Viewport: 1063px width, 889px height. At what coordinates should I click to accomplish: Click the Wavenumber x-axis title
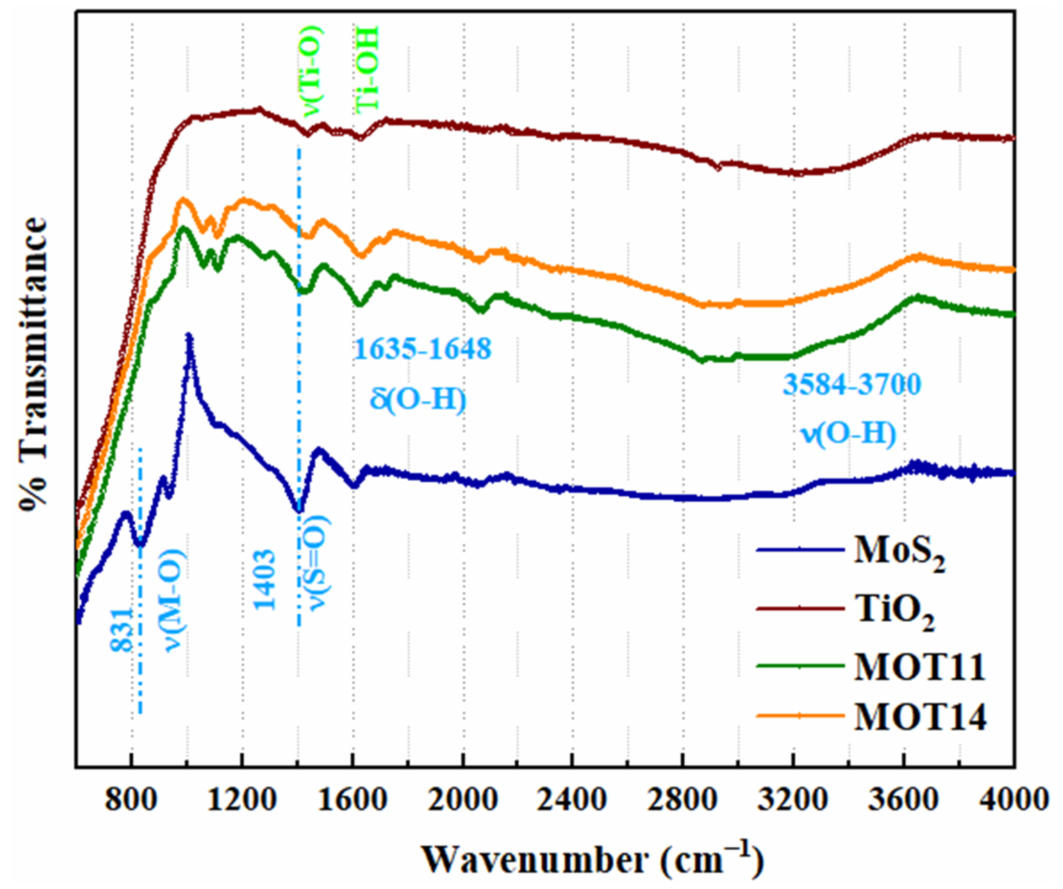coord(592,857)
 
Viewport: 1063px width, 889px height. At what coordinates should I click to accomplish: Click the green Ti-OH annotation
coord(366,69)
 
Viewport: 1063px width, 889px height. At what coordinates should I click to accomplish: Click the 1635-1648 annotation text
coord(423,349)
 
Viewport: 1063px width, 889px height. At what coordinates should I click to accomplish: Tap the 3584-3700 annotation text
coord(852,384)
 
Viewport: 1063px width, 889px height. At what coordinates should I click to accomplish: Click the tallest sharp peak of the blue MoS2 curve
coord(189,335)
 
